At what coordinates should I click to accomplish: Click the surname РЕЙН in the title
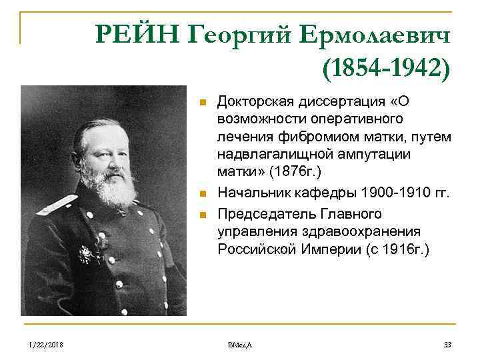[137, 33]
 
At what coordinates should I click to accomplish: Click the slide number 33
[447, 344]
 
